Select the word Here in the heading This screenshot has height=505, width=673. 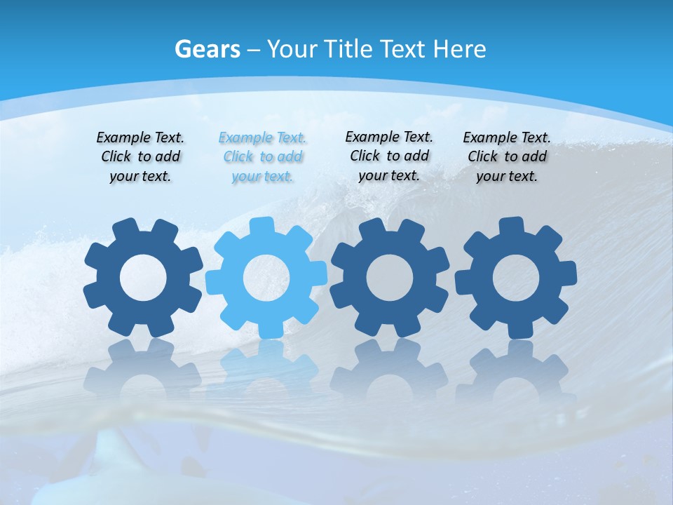459,49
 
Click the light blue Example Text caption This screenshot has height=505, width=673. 262,157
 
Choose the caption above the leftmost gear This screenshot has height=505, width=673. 140,157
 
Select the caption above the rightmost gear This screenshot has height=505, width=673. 507,157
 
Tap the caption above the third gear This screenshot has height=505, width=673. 389,156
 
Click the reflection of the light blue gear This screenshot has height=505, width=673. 266,368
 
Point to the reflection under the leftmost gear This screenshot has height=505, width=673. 144,368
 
